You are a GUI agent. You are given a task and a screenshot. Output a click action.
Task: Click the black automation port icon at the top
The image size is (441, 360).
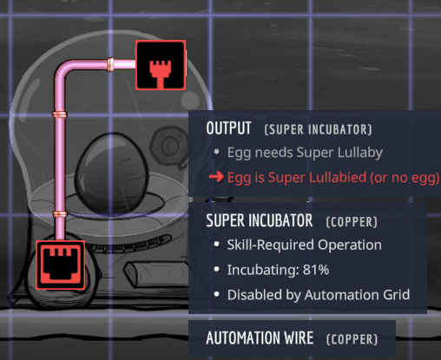pyautogui.click(x=161, y=65)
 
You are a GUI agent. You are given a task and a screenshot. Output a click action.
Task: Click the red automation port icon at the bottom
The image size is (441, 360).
pyautogui.click(x=61, y=265)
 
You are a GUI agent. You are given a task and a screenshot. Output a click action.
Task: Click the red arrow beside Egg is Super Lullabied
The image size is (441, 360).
pyautogui.click(x=216, y=177)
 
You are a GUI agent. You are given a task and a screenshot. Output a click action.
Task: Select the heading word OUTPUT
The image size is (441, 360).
pyautogui.click(x=228, y=128)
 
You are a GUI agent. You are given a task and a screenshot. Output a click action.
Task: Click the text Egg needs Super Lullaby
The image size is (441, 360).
pyautogui.click(x=305, y=153)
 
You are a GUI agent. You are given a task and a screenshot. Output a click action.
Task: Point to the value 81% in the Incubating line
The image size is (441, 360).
pyautogui.click(x=316, y=270)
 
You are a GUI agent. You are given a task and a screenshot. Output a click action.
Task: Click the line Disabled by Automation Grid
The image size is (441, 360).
pyautogui.click(x=319, y=295)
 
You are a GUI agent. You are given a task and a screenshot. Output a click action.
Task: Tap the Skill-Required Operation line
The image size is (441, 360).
pyautogui.click(x=304, y=245)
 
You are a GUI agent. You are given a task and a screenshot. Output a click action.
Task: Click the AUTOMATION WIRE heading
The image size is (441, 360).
pyautogui.click(x=260, y=338)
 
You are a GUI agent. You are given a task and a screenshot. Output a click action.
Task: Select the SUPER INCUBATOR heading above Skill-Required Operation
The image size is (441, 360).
pyautogui.click(x=260, y=220)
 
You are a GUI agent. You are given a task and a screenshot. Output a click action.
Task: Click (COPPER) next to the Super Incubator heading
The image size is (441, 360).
pyautogui.click(x=352, y=222)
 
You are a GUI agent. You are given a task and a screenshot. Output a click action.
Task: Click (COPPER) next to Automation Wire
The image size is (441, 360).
pyautogui.click(x=352, y=339)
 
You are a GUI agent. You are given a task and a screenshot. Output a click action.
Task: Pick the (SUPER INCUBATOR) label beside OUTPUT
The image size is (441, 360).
pyautogui.click(x=318, y=129)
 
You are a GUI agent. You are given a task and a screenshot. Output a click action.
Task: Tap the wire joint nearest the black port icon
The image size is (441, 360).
pyautogui.click(x=110, y=64)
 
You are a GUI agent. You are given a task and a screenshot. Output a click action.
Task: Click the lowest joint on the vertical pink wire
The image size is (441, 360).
pyautogui.click(x=60, y=214)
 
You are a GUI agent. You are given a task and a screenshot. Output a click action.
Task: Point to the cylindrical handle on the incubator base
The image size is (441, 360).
pyautogui.click(x=156, y=274)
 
